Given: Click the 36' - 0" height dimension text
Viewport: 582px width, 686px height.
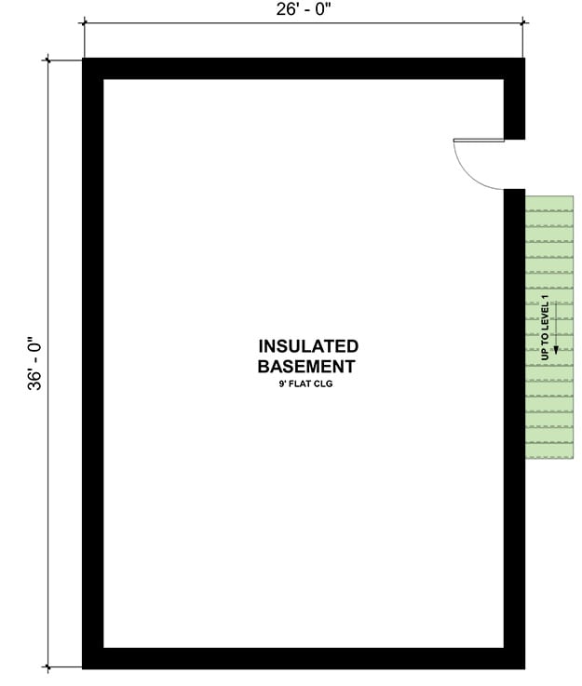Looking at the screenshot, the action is click(x=34, y=363).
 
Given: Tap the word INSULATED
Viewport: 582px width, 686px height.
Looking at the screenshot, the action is click(x=308, y=346).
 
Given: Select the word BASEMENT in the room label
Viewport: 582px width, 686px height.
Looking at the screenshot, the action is click(x=306, y=366).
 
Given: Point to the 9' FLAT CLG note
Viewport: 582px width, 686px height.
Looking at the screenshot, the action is click(x=305, y=384).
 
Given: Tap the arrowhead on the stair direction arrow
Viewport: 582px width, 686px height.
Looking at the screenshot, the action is click(x=556, y=350).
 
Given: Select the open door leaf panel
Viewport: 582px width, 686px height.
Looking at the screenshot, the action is click(x=479, y=140).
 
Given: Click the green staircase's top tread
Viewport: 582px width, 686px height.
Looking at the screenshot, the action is click(x=549, y=203).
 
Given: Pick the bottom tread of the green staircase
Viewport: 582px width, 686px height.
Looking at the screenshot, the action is click(x=549, y=451).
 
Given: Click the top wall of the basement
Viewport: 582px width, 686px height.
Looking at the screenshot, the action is click(x=304, y=69).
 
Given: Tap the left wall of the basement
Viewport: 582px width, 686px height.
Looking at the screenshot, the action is click(x=93, y=363).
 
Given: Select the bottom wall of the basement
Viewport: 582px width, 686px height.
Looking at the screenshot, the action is click(x=304, y=658).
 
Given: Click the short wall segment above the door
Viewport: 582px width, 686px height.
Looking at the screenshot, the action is click(x=514, y=110).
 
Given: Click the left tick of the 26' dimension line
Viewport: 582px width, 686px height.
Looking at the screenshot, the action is click(x=84, y=22).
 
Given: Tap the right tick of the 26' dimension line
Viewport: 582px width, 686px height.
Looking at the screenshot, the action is click(x=523, y=22).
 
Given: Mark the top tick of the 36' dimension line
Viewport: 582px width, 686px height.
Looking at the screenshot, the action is click(x=47, y=60).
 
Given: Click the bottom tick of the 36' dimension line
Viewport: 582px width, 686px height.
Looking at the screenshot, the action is click(x=47, y=667).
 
